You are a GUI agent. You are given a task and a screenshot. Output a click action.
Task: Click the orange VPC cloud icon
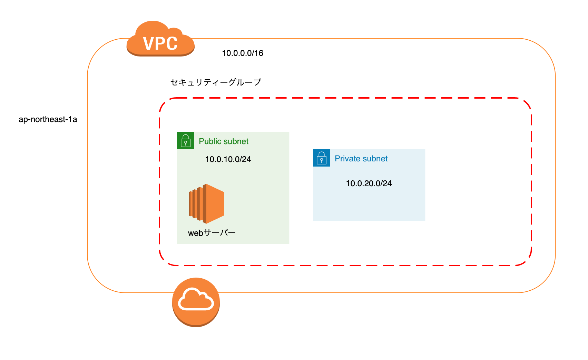pos(160,39)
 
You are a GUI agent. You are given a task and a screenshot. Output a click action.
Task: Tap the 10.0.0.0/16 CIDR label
pos(243,53)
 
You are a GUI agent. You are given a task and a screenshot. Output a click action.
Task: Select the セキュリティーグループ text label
pos(216,82)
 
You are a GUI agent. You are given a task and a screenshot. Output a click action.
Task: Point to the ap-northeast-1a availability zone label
pos(48,119)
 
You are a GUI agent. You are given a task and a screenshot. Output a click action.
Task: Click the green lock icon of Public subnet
pos(186,141)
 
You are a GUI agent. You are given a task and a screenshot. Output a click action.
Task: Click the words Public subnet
pos(224,141)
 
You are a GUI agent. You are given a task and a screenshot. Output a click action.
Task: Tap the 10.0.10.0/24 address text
pos(228,159)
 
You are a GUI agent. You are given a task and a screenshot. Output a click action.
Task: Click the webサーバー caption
pos(212,233)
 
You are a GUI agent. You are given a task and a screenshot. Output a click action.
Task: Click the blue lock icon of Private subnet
pos(322,158)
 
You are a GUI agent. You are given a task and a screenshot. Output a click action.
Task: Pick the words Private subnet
pos(361,159)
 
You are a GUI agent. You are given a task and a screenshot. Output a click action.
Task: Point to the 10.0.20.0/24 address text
pos(369,183)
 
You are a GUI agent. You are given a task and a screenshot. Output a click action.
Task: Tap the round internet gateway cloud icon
pos(196,302)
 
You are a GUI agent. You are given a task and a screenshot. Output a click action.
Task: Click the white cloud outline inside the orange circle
pos(196,300)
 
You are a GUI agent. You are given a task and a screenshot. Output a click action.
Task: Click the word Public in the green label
pos(210,141)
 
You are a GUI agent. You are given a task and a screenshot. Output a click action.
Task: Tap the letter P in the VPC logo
pos(160,44)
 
